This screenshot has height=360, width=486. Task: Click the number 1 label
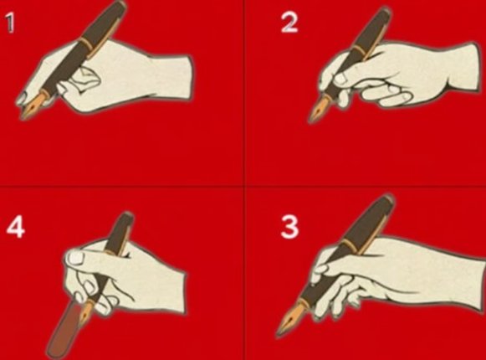point(10,23)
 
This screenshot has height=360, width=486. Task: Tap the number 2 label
point(289,23)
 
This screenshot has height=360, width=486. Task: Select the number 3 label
point(289,227)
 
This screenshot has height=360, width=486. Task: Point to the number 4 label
point(16,227)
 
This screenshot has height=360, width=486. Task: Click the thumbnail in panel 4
point(76,258)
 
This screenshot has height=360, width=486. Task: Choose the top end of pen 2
point(386,11)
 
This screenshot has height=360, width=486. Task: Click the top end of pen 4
point(128,216)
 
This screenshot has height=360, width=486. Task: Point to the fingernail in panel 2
point(340,78)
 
